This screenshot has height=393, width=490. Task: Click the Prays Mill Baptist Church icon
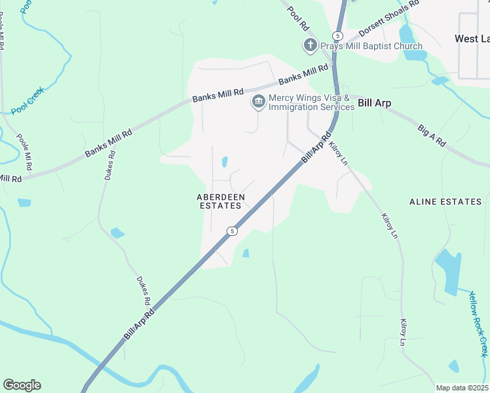(x=309, y=46)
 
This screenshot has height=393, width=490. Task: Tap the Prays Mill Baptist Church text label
(x=371, y=46)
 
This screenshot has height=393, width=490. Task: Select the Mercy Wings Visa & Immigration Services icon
(x=258, y=102)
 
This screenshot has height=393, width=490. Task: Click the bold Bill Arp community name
(x=375, y=103)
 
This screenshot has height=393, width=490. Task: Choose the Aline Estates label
(x=445, y=202)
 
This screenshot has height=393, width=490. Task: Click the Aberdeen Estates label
(x=221, y=201)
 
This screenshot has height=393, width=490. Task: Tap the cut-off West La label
(x=472, y=39)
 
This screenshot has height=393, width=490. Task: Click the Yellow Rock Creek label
(x=478, y=324)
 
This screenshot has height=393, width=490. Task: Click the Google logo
(x=22, y=385)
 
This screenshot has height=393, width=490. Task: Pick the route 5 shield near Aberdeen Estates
(x=231, y=231)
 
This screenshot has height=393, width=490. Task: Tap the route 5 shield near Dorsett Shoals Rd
(x=337, y=35)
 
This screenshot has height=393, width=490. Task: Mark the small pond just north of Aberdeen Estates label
(x=225, y=161)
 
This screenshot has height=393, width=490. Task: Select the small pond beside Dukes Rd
(x=118, y=233)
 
